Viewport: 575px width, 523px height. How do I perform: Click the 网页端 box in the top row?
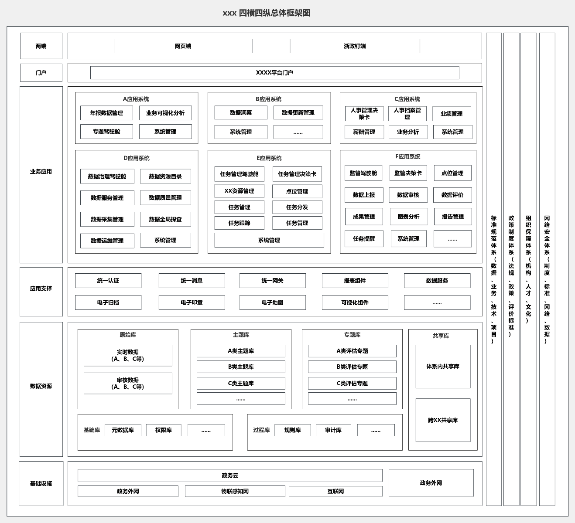pyautogui.click(x=183, y=46)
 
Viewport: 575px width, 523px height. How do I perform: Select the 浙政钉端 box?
pyautogui.click(x=355, y=46)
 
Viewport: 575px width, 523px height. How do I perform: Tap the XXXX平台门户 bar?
pyautogui.click(x=274, y=73)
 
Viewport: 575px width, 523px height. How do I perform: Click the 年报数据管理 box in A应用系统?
pyautogui.click(x=106, y=113)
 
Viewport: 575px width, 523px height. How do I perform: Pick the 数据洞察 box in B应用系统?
pyautogui.click(x=241, y=112)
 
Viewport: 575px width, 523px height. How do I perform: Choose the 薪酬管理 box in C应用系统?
pyautogui.click(x=364, y=132)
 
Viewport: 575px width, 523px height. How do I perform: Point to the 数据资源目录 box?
pyautogui.click(x=165, y=177)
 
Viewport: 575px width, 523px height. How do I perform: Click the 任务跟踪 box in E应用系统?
pyautogui.click(x=240, y=223)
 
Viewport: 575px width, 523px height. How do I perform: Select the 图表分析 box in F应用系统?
pyautogui.click(x=408, y=217)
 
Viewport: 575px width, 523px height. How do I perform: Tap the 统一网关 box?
pyautogui.click(x=273, y=281)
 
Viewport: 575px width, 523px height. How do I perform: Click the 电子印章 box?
pyautogui.click(x=192, y=302)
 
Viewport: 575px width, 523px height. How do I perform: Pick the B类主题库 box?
pyautogui.click(x=241, y=367)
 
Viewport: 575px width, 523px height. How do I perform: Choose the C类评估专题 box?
pyautogui.click(x=352, y=383)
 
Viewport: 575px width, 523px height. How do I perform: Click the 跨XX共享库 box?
pyautogui.click(x=443, y=420)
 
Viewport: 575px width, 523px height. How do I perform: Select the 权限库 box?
pyautogui.click(x=164, y=430)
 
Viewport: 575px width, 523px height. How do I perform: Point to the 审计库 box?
pyautogui.click(x=333, y=430)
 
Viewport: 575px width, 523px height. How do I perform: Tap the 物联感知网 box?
pyautogui.click(x=235, y=491)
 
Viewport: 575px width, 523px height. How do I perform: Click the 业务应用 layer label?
pyautogui.click(x=41, y=172)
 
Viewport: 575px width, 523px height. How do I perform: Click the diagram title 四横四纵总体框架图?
pyautogui.click(x=274, y=13)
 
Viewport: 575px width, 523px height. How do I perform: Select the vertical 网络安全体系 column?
pyautogui.click(x=547, y=269)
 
